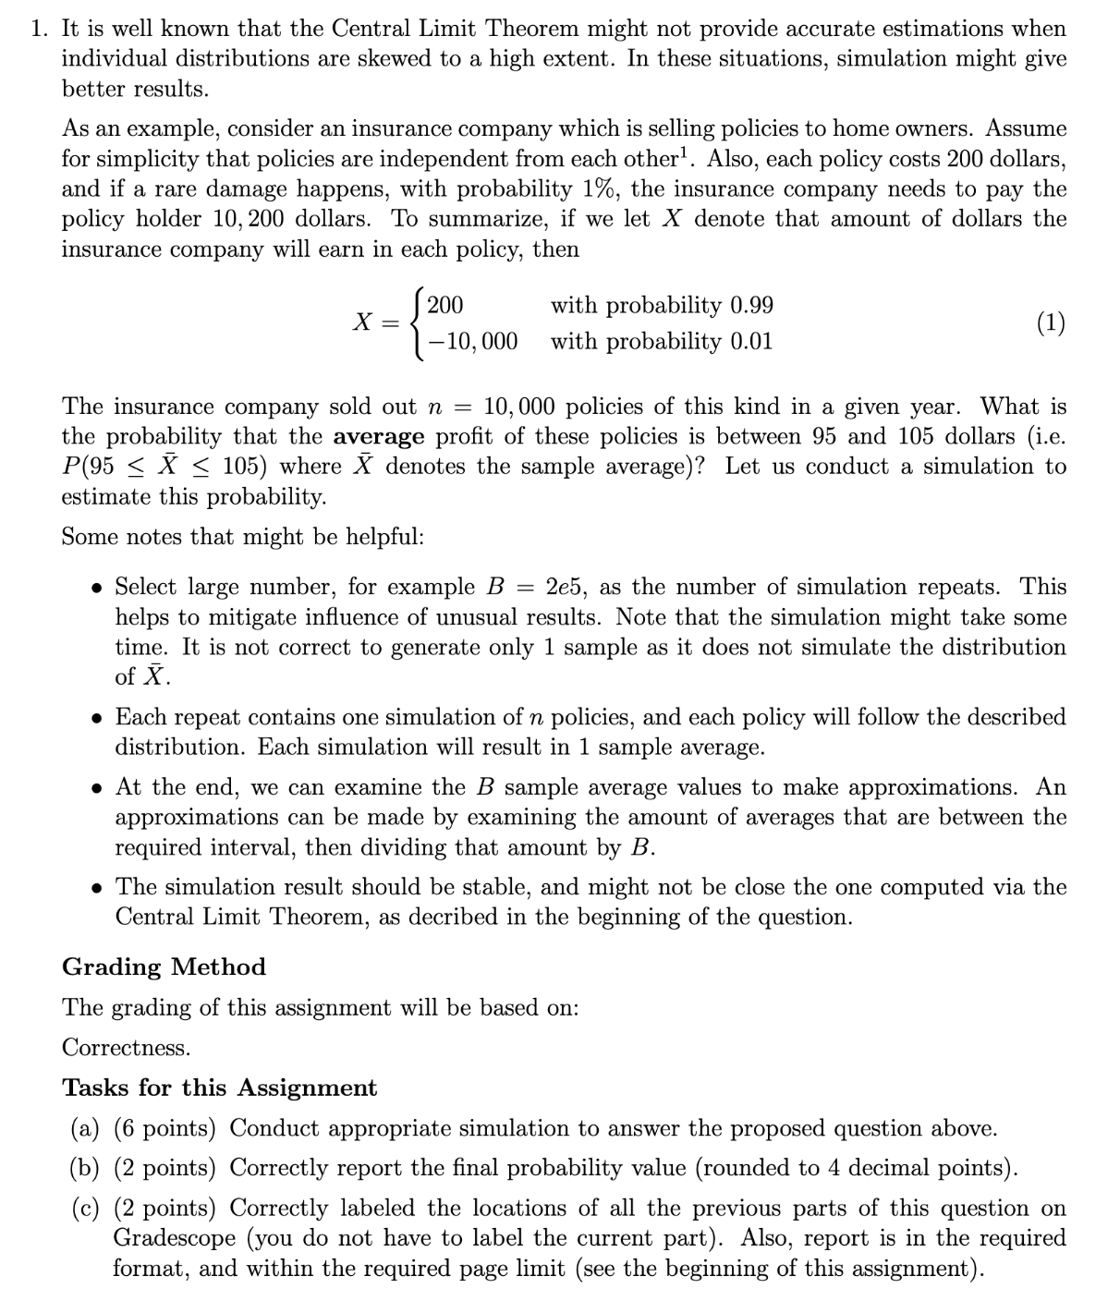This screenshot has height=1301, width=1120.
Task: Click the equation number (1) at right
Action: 1050,323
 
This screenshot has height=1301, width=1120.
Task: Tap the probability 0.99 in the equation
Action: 752,306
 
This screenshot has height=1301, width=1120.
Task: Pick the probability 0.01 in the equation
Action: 751,342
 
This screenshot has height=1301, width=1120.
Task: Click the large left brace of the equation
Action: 418,323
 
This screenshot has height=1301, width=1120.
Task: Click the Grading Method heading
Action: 164,967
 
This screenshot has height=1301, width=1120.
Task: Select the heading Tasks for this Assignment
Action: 219,1088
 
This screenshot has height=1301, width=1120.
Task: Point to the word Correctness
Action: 127,1048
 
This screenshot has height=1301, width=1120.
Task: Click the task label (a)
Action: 86,1128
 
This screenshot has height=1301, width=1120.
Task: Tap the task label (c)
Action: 86,1209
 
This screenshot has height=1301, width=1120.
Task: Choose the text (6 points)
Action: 164,1128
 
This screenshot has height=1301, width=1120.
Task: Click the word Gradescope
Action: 174,1238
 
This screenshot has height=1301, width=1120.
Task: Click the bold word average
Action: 379,436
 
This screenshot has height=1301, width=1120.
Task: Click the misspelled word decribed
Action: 473,918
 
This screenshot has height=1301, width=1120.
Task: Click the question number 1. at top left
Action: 39,29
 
